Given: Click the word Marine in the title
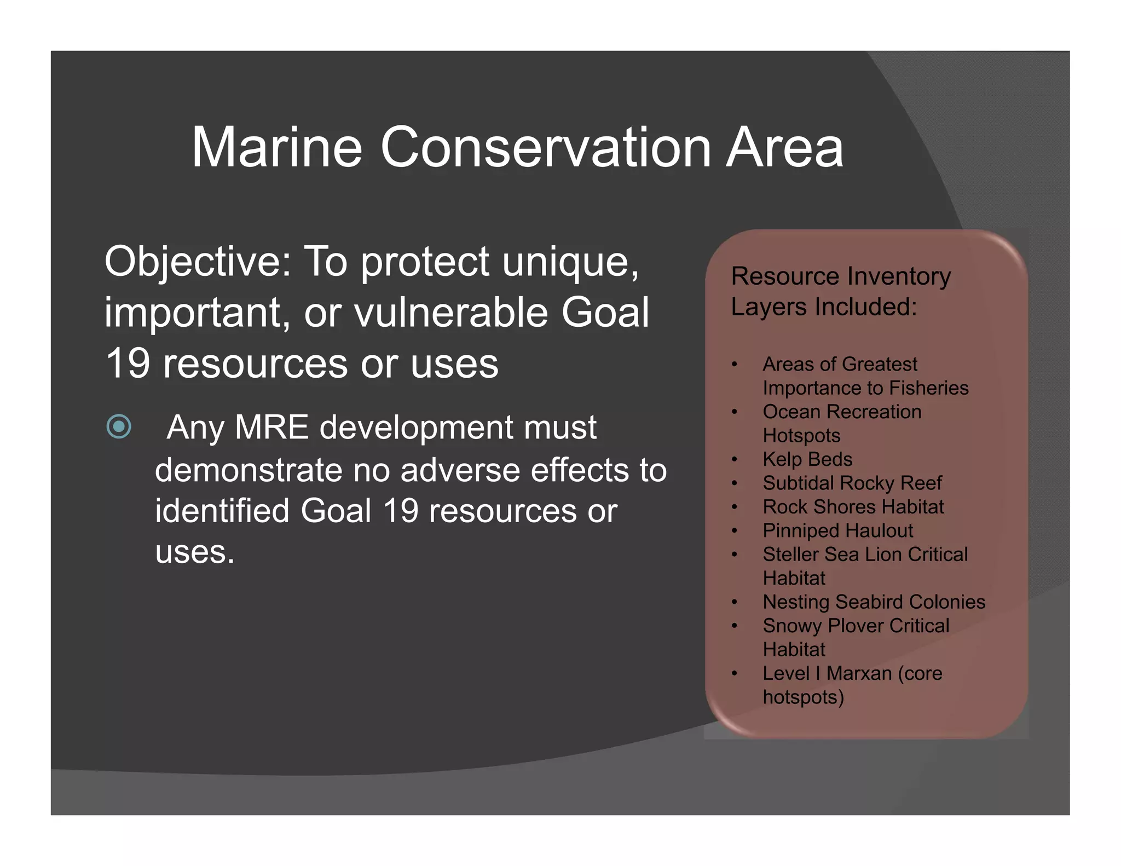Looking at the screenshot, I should coord(276,147).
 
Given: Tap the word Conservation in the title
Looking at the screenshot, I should coord(545,147).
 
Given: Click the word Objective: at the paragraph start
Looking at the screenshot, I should coord(198,262).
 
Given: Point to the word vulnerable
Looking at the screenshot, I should coord(451,313).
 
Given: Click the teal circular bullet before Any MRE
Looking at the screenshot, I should coord(119,426).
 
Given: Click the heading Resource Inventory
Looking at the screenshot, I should coord(841,276).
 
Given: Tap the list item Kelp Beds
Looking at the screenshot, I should coord(807,459).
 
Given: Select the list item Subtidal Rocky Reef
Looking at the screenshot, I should coord(852,483).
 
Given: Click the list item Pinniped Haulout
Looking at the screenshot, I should coord(837,530).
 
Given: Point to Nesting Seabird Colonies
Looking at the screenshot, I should coord(874,602).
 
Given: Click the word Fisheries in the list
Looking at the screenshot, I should coord(929,388).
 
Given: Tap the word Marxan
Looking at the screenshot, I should coord(859,673).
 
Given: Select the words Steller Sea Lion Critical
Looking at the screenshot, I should coord(865,555).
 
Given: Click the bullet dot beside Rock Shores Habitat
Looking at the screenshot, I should coord(735,507).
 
